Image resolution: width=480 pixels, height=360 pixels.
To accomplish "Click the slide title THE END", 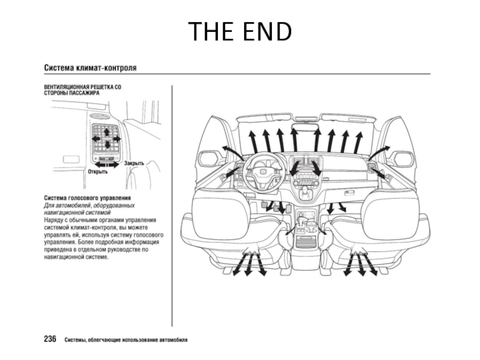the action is [240, 31].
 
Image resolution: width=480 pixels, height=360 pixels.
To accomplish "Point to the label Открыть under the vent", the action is [98, 172].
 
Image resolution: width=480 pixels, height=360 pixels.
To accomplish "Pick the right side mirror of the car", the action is [403, 158].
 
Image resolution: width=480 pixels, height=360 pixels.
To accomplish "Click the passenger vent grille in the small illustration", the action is [106, 139].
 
